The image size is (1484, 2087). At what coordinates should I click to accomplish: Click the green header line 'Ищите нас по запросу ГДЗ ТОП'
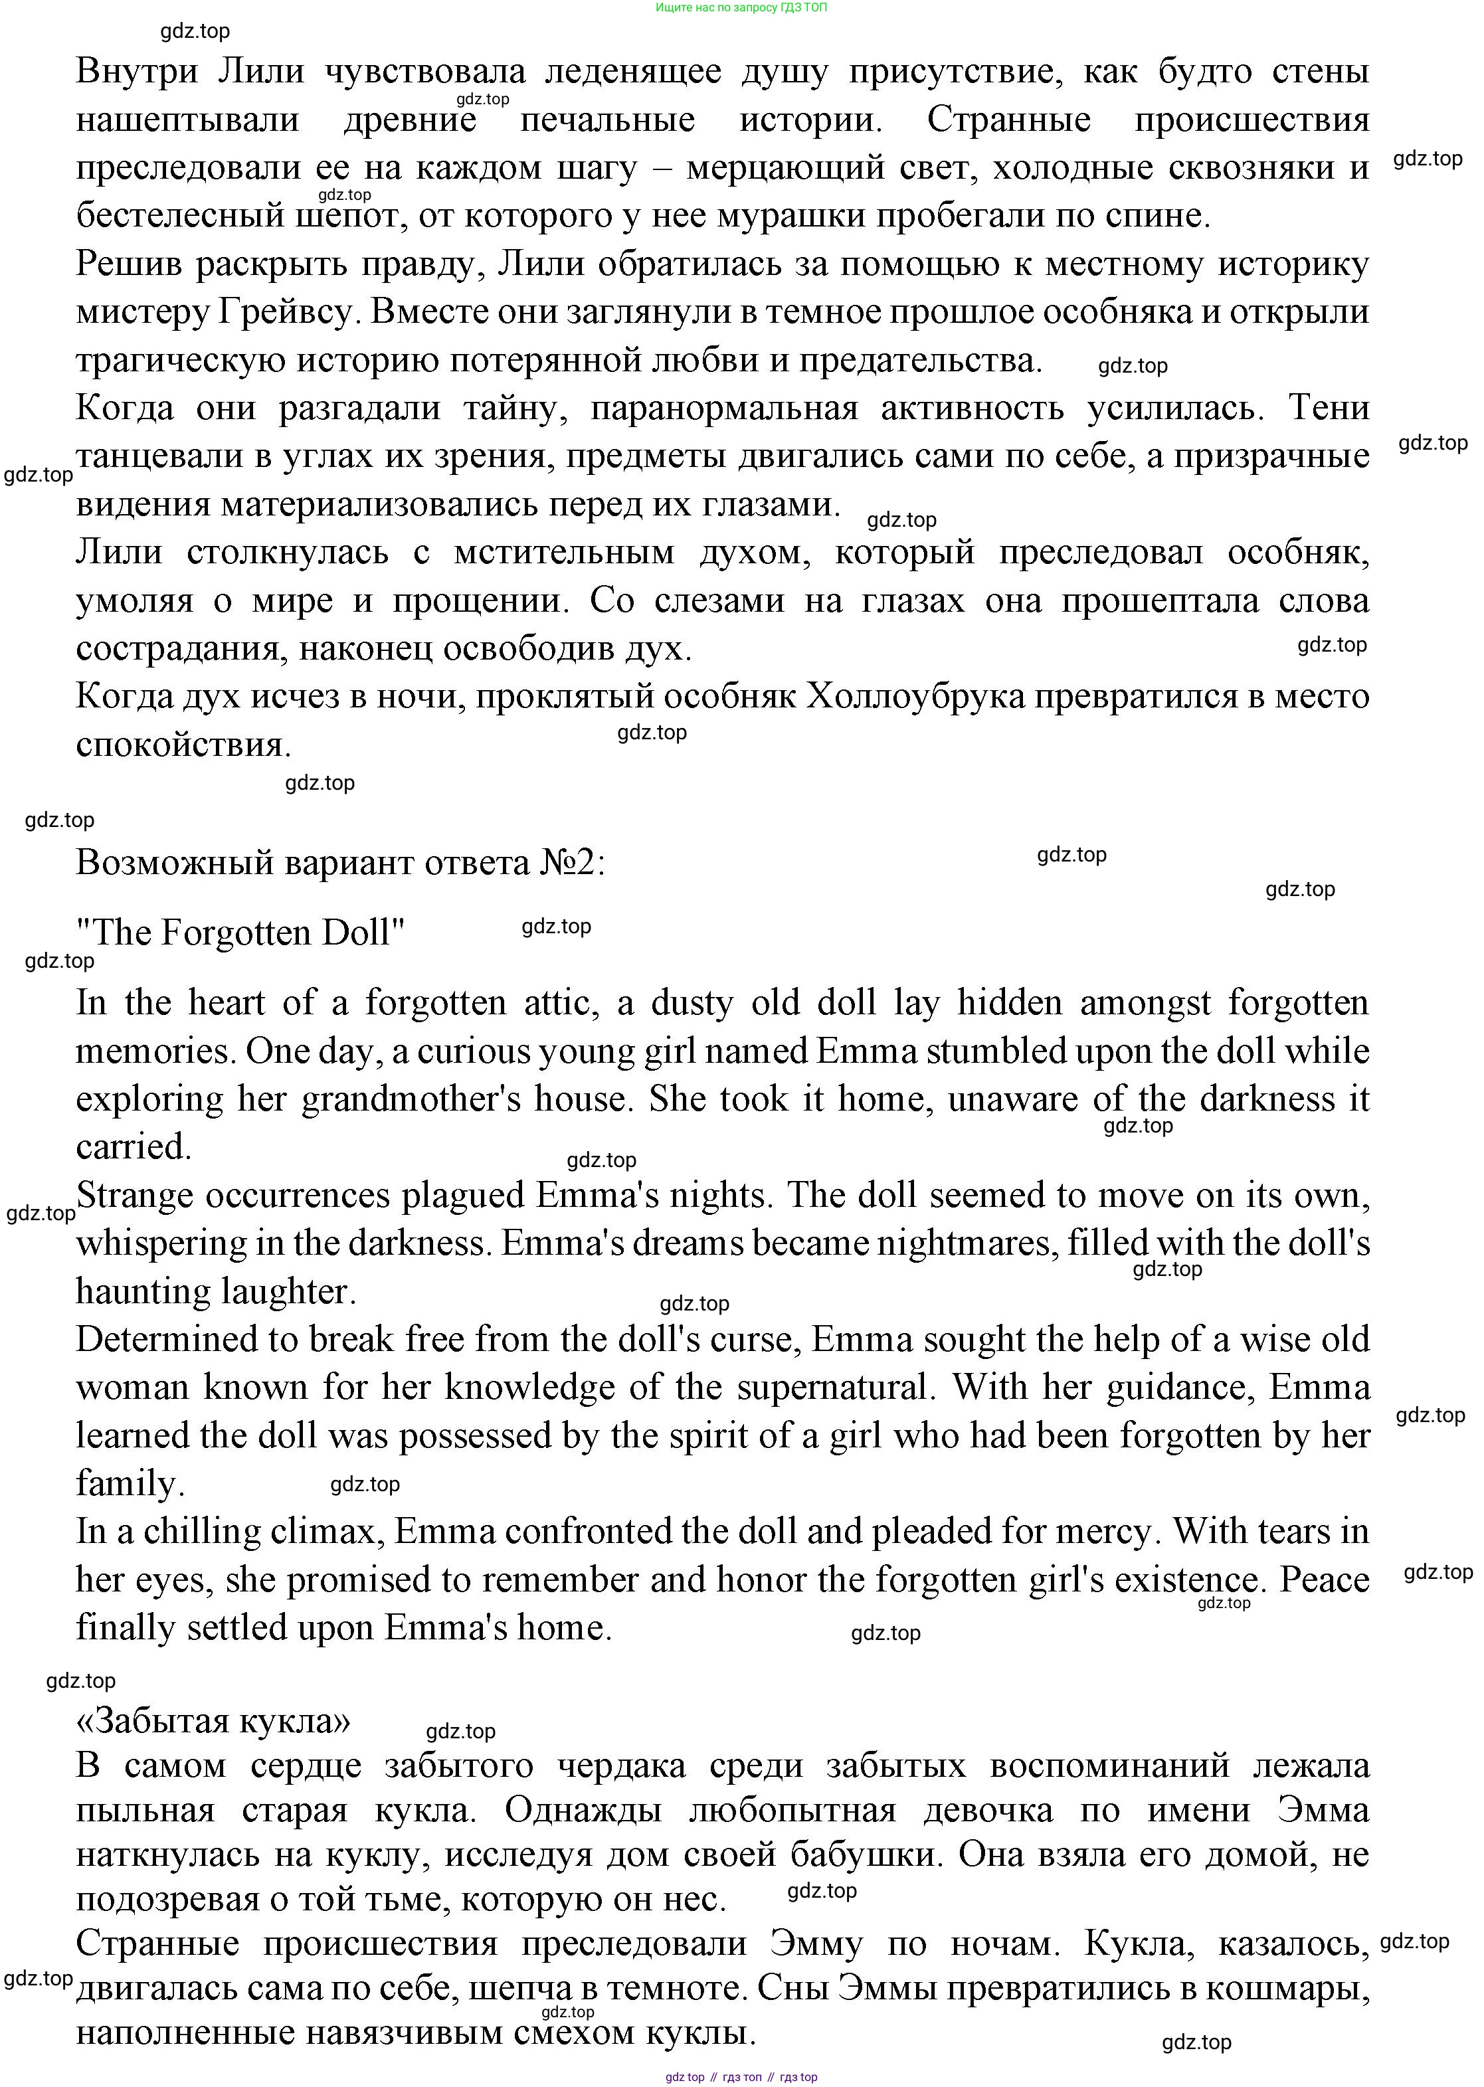tap(741, 7)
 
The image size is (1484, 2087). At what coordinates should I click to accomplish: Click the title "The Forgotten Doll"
tap(240, 933)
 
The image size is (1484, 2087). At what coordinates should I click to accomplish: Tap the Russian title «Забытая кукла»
tap(213, 1720)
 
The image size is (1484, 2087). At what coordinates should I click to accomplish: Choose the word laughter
tap(285, 1292)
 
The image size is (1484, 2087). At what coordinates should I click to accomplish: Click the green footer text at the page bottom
tap(741, 2077)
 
